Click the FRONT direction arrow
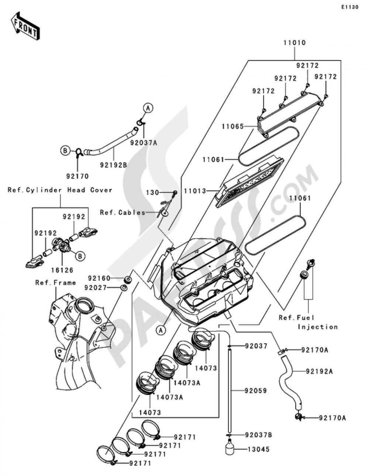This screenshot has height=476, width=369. (25, 26)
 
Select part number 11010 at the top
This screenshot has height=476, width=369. (294, 43)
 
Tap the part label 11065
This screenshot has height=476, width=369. (232, 126)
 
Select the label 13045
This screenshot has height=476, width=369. (258, 449)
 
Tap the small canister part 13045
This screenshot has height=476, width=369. (230, 449)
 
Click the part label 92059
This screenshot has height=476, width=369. (256, 390)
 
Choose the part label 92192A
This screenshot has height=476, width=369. (319, 371)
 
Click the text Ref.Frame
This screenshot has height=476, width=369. (55, 283)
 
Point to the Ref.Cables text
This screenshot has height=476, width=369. (123, 213)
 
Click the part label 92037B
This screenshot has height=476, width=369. (259, 435)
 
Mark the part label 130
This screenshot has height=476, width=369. (152, 192)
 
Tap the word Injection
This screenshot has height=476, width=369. (318, 327)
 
